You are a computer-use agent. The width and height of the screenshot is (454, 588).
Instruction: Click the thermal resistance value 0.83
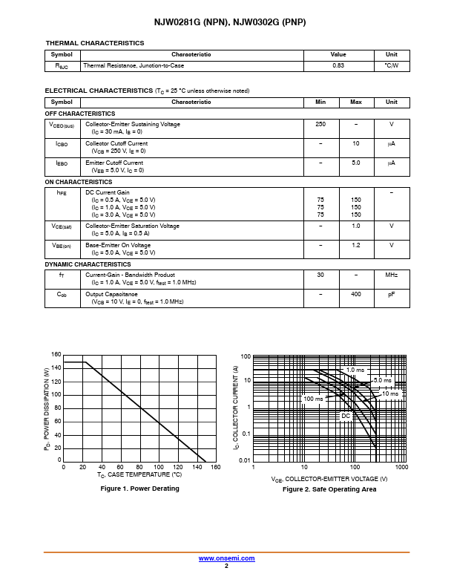pyautogui.click(x=338, y=66)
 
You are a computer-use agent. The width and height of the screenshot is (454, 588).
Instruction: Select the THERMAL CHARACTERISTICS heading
pyautogui.click(x=95, y=44)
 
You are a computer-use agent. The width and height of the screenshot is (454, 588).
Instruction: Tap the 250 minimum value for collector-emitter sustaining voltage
pyautogui.click(x=320, y=124)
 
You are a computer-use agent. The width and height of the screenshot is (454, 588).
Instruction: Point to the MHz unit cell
pyautogui.click(x=391, y=275)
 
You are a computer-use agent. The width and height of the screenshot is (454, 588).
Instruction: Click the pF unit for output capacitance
pyautogui.click(x=391, y=294)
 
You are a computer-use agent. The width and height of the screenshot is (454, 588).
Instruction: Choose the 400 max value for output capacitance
pyautogui.click(x=356, y=294)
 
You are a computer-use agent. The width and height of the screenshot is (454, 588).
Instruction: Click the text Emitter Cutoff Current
pyautogui.click(x=114, y=163)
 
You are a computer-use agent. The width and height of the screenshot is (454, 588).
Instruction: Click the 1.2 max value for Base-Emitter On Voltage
pyautogui.click(x=356, y=245)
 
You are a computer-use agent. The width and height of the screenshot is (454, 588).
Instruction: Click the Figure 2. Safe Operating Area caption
pyautogui.click(x=329, y=489)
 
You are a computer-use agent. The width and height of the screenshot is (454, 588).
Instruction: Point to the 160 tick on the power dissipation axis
pyautogui.click(x=56, y=355)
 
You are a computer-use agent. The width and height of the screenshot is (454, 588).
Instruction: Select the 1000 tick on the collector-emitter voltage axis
pyautogui.click(x=402, y=467)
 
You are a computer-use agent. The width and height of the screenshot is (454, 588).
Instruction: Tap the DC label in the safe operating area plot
pyautogui.click(x=345, y=416)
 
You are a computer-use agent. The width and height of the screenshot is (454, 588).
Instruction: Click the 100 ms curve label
pyautogui.click(x=314, y=399)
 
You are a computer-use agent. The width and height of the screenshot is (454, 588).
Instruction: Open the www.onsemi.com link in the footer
pyautogui.click(x=226, y=558)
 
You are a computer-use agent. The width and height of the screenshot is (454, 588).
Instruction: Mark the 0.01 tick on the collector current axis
pyautogui.click(x=244, y=460)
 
